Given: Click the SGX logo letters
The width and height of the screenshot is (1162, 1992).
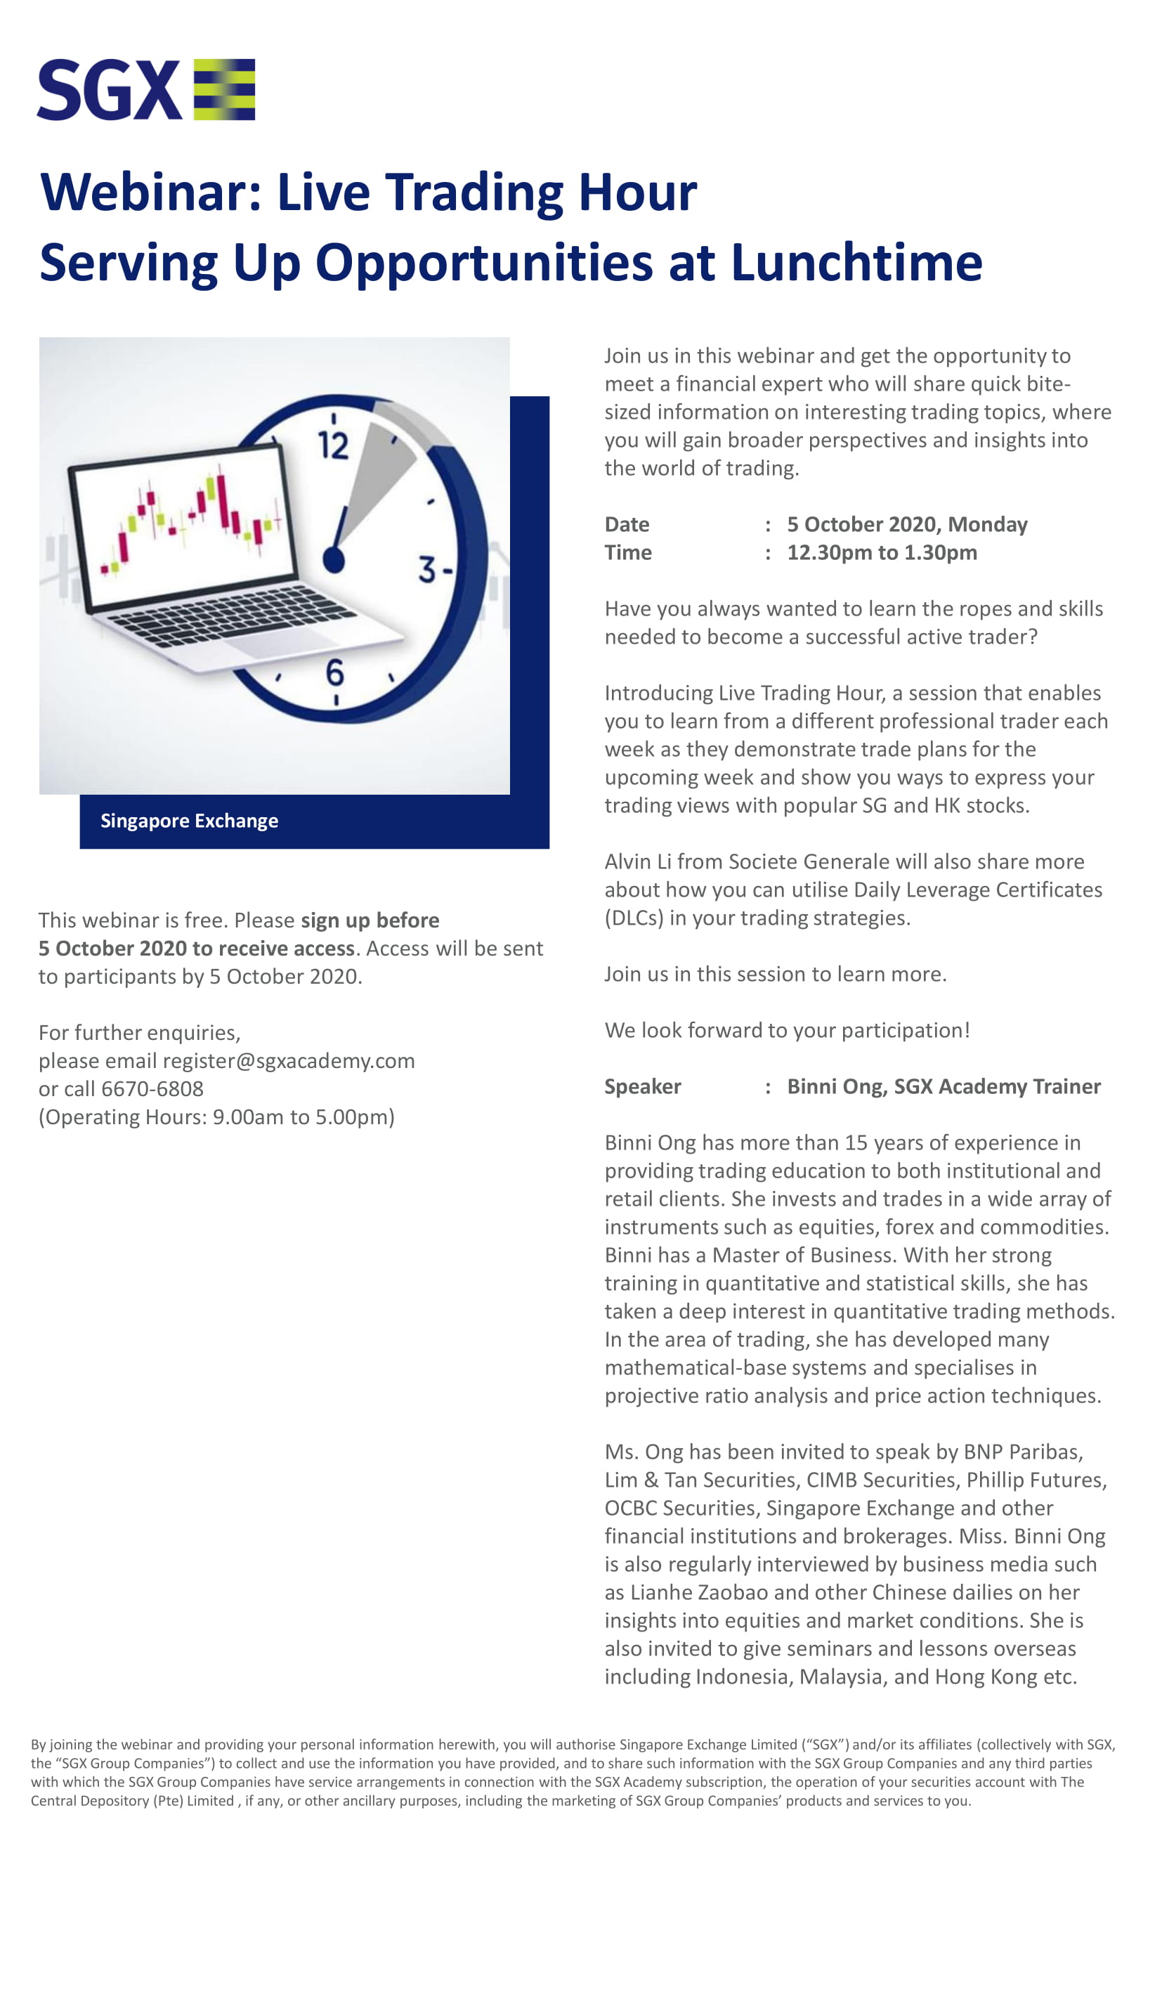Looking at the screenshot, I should (x=109, y=89).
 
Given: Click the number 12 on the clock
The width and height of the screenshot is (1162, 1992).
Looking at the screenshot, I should (x=333, y=445).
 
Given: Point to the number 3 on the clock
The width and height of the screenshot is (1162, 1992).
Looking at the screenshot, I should (x=427, y=569).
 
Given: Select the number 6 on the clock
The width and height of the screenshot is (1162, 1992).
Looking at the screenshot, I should (x=335, y=672).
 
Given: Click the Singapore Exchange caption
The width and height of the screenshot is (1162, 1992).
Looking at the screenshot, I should (x=189, y=821).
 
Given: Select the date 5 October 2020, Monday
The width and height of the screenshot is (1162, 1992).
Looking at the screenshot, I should (x=907, y=524).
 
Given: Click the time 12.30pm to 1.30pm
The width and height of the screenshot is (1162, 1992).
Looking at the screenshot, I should (x=882, y=552).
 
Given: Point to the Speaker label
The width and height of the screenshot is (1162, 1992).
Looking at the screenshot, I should (x=643, y=1086).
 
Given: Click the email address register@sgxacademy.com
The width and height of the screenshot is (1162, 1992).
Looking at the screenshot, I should (x=289, y=1061).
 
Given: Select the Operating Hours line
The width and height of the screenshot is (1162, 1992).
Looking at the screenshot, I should (x=216, y=1117).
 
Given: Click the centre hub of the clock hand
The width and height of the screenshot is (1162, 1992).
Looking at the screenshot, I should (x=334, y=559).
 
